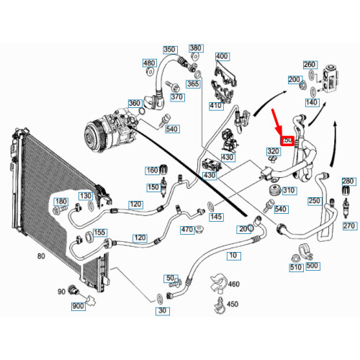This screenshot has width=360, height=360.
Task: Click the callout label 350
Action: pyautogui.click(x=169, y=50)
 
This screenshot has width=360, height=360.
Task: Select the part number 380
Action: pyautogui.click(x=196, y=49)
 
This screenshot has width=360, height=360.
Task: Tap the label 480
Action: pyautogui.click(x=149, y=63)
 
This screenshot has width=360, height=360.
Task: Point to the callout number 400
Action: pyautogui.click(x=222, y=56)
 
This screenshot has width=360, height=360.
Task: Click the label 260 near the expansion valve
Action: pyautogui.click(x=310, y=65)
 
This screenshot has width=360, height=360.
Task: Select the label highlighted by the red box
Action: pyautogui.click(x=287, y=141)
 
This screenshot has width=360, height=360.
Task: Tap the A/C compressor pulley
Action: pyautogui.click(x=94, y=135)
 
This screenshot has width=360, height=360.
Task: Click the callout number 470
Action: pyautogui.click(x=187, y=229)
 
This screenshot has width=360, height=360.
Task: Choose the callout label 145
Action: pyautogui.click(x=215, y=217)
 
